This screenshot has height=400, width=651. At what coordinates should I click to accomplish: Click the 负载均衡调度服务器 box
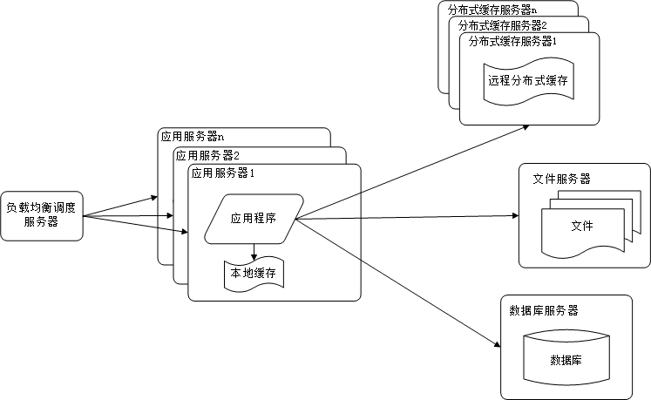click(x=42, y=215)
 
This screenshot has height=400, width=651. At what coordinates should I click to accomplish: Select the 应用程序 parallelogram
click(x=253, y=218)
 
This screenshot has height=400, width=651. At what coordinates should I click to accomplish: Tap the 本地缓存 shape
click(x=253, y=274)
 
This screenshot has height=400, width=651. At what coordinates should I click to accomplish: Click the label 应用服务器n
click(x=192, y=137)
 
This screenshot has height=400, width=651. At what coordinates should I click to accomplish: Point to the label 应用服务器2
click(x=207, y=155)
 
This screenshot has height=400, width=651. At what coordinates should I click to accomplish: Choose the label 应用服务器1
click(x=222, y=173)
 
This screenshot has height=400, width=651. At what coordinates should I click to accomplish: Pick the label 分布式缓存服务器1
click(x=512, y=41)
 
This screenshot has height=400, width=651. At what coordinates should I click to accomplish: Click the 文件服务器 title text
click(x=561, y=179)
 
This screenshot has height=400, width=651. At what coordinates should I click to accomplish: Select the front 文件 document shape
click(x=581, y=227)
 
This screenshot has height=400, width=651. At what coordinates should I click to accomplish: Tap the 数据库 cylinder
click(x=566, y=359)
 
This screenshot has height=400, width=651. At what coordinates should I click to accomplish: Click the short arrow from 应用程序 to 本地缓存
click(x=253, y=253)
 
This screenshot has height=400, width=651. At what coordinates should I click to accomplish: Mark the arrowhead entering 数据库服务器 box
click(x=497, y=345)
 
